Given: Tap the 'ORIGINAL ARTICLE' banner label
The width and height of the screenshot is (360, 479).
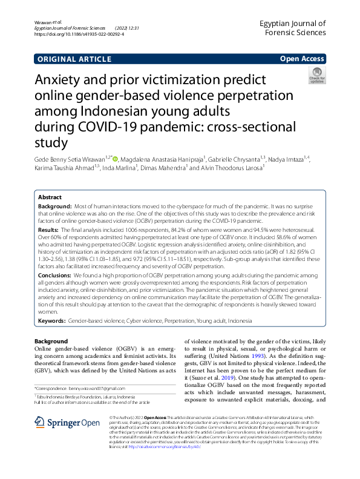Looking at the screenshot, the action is pyautogui.click(x=74, y=59).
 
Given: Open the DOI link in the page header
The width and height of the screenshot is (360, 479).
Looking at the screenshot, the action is pyautogui.click(x=80, y=35).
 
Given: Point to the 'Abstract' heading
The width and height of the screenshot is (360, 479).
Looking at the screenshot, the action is pyautogui.click(x=50, y=197).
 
